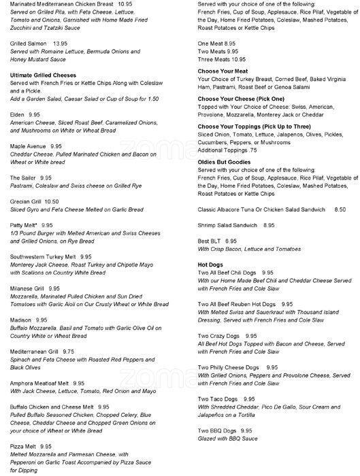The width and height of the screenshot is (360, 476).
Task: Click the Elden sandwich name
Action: point(18,114)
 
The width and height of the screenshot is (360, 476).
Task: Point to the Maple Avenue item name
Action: point(30,146)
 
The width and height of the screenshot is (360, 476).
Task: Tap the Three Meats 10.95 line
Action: point(218,59)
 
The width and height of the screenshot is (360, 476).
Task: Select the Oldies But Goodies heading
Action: point(227,161)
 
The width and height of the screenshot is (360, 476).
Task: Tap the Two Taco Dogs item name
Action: point(217,398)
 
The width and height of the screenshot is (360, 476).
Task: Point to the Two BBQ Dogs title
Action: point(217,430)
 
